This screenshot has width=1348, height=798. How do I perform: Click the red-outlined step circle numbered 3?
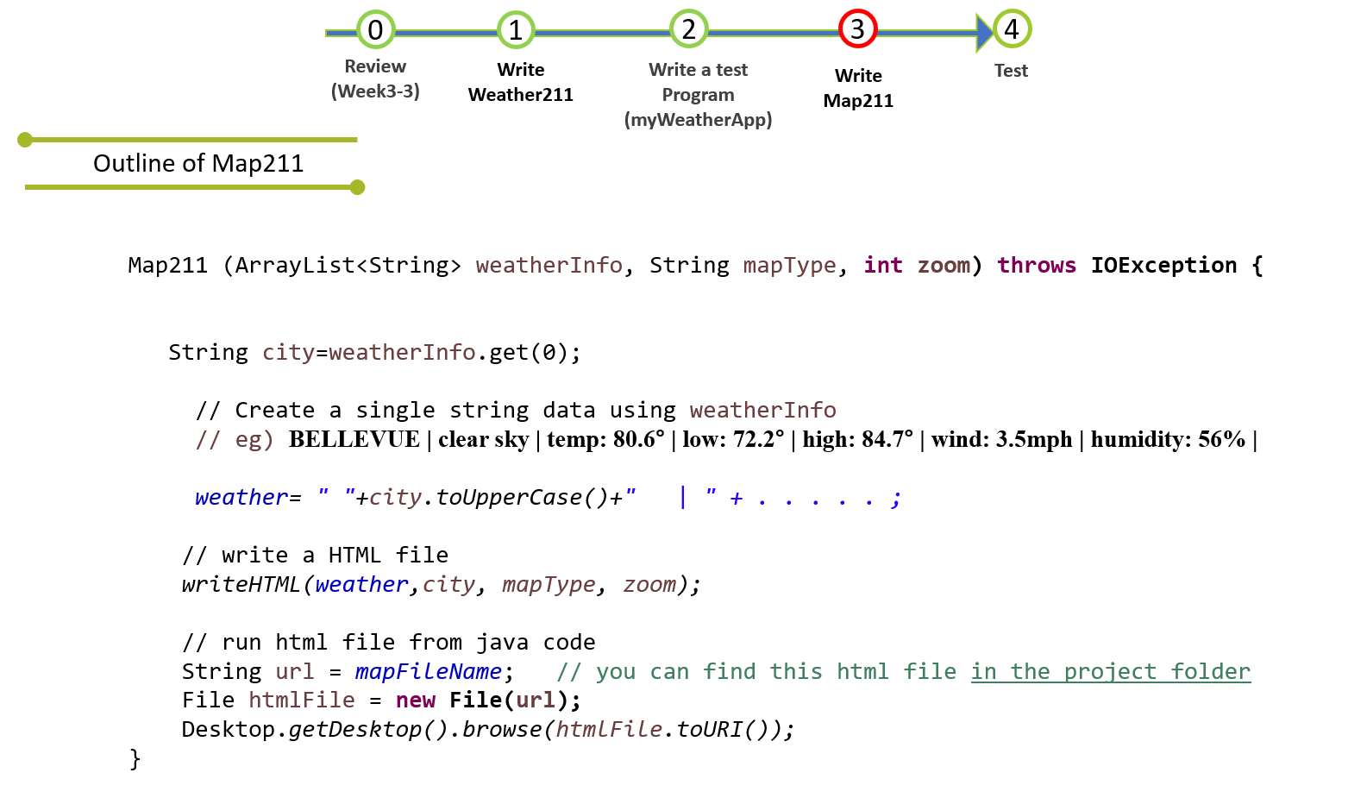(x=857, y=29)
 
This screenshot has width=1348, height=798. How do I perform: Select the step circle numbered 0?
(x=375, y=30)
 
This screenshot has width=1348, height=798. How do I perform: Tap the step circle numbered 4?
(x=1012, y=29)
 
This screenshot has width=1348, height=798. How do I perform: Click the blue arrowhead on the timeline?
(x=984, y=33)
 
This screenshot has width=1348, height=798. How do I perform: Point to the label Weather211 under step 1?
(x=520, y=95)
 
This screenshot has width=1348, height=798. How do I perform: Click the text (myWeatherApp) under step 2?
(x=698, y=120)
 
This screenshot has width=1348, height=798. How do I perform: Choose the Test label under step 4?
(x=1011, y=71)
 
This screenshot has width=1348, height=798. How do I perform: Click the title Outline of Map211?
(x=198, y=164)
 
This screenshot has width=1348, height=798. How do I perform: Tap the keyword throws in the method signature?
(x=1036, y=266)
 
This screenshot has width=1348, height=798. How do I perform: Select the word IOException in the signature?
(x=1163, y=266)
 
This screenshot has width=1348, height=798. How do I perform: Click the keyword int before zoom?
(x=882, y=266)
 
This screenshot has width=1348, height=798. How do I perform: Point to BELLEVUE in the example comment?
(x=354, y=440)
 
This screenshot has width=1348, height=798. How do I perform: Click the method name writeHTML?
(x=241, y=585)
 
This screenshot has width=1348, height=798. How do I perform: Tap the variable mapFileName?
(x=428, y=672)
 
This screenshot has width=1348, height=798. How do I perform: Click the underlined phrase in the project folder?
(x=1110, y=672)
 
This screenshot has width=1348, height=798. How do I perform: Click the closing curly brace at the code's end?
(x=135, y=759)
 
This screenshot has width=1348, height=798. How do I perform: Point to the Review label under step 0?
(x=375, y=66)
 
